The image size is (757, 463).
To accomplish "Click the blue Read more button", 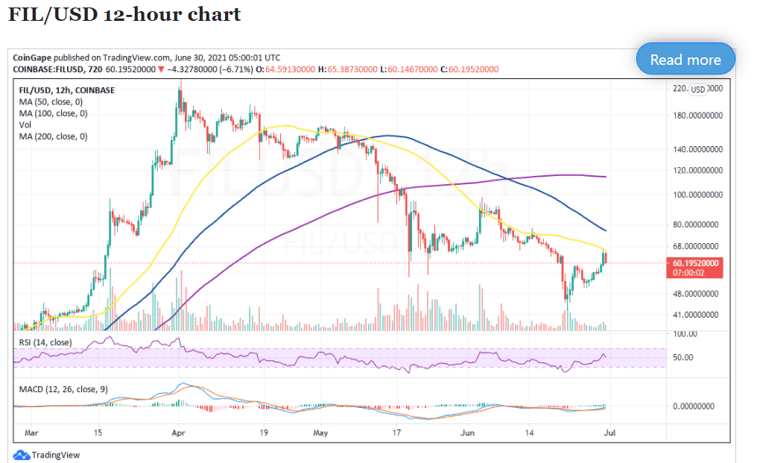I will click(685, 60).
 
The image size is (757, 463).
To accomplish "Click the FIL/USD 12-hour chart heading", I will click(124, 14).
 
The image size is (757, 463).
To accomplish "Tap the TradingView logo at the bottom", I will click(47, 455).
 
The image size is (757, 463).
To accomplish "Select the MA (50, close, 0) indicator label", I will click(53, 102).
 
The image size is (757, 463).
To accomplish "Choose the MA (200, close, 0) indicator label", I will click(55, 136).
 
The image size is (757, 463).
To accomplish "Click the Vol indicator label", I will click(25, 125).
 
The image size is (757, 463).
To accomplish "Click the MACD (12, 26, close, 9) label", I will click(63, 390).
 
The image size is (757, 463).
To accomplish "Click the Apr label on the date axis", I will click(177, 432).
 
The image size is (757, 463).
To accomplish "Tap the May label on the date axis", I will click(320, 432).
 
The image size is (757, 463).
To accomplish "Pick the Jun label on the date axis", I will click(466, 432).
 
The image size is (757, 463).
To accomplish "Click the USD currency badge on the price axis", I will click(697, 89).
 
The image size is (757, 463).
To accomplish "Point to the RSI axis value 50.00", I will click(684, 357).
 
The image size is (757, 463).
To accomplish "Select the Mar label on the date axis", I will click(32, 432).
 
